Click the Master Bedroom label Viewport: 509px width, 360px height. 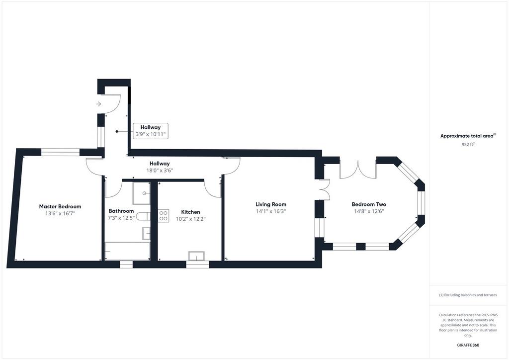tap(60, 206)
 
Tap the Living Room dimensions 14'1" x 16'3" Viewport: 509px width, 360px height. tap(271, 211)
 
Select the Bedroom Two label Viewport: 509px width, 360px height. tap(369, 204)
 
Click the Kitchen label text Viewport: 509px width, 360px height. tap(190, 212)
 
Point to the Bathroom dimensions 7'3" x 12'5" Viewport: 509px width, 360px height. tap(121, 218)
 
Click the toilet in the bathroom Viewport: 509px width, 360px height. tap(143, 216)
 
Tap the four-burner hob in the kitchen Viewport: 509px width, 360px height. tap(164, 216)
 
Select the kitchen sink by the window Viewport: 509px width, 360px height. tap(197, 256)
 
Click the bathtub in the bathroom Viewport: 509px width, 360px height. tap(127, 251)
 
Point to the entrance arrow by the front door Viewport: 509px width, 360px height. tap(98, 104)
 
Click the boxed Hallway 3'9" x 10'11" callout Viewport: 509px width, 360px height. tap(151, 131)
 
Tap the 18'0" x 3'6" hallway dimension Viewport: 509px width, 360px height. tap(160, 171)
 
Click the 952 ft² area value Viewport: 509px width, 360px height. tap(468, 145)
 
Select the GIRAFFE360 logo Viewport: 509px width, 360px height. tap(468, 345)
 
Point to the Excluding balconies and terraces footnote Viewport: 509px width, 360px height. tap(468, 295)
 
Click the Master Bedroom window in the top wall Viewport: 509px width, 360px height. tap(60, 152)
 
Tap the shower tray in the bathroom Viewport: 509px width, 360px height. tap(142, 193)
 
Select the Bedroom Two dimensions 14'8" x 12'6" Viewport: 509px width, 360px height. tap(369, 211)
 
